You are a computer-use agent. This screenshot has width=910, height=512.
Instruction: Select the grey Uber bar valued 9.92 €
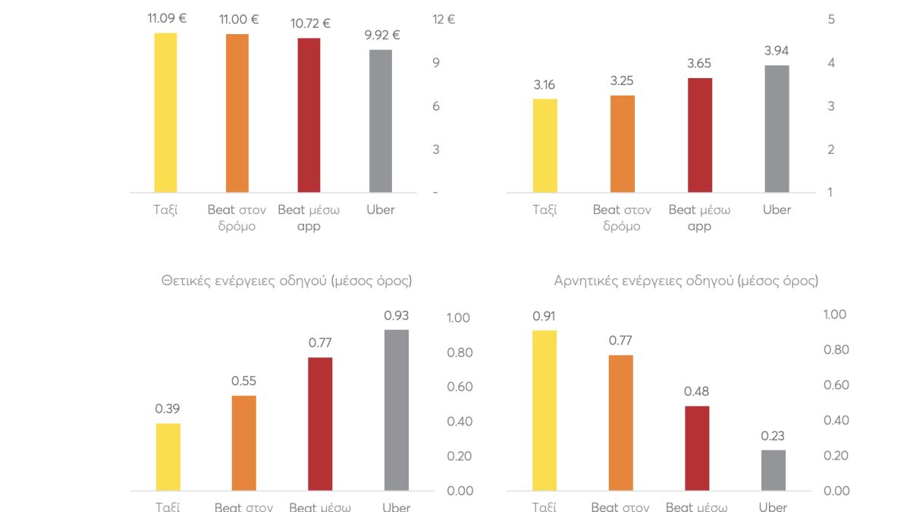[x=381, y=121]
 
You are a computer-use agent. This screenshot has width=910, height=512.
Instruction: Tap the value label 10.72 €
[x=310, y=24]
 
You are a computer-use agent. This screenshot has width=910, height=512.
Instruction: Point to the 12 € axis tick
[x=444, y=20]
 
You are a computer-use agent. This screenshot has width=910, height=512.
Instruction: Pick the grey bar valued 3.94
[x=777, y=128]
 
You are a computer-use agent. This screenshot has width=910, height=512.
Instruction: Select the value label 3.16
[x=544, y=85]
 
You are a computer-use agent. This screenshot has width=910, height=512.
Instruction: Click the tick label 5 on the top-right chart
[x=831, y=20]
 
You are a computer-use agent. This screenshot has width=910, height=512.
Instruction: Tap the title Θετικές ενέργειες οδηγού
[x=287, y=281]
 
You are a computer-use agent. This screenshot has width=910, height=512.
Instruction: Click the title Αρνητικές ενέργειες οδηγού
[x=686, y=281]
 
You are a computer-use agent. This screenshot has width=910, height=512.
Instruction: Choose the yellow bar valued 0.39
[x=168, y=457]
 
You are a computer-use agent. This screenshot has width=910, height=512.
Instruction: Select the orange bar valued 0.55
[x=243, y=443]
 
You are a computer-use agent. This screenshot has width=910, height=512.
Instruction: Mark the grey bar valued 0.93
[x=397, y=410]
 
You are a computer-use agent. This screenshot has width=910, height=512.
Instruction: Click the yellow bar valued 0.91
[x=544, y=410]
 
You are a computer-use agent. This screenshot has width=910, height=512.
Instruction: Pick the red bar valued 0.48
[x=697, y=448]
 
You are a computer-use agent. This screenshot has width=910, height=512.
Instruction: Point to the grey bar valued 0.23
[x=773, y=470]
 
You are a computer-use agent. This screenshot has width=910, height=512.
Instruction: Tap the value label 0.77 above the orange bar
[x=620, y=341]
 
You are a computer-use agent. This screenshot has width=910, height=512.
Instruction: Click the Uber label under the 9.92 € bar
[x=381, y=210]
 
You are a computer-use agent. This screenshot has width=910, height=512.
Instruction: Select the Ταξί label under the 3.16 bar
[x=544, y=210]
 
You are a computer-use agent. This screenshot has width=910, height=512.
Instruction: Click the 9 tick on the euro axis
[x=437, y=63]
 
